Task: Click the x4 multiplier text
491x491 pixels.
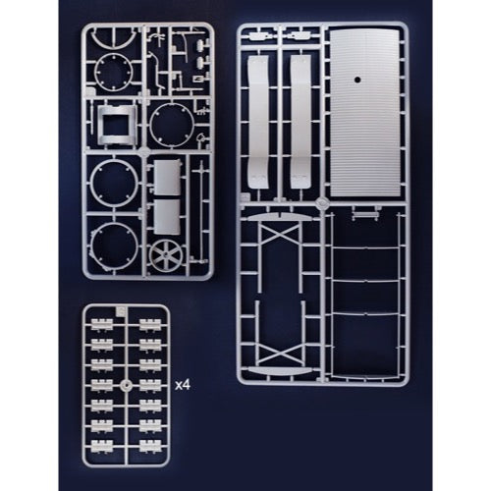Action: [x=183, y=385]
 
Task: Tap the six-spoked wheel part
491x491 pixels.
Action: [x=166, y=255]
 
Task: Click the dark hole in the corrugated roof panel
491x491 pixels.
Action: [x=357, y=80]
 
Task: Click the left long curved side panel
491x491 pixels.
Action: [x=258, y=122]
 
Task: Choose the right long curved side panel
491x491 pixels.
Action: [x=300, y=122]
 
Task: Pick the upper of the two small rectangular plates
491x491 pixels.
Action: [x=167, y=177]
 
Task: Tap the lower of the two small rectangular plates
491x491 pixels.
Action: [x=167, y=217]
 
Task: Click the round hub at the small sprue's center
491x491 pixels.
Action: [x=126, y=385]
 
